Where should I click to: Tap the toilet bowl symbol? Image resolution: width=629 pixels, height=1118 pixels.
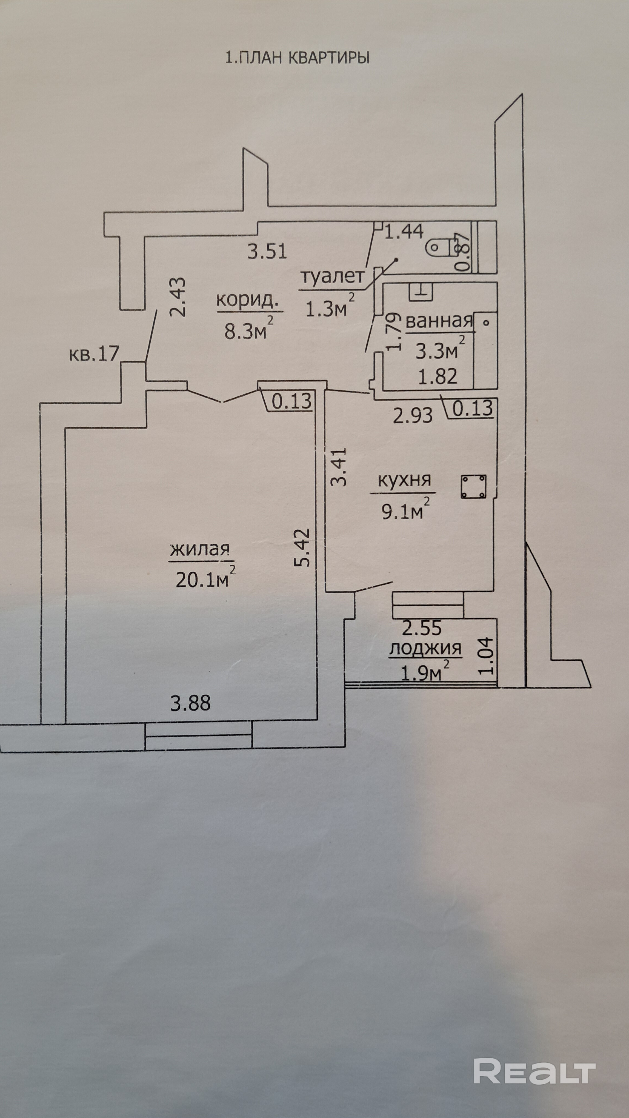(x=438, y=249)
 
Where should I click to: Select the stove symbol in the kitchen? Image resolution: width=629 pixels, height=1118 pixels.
(x=474, y=486)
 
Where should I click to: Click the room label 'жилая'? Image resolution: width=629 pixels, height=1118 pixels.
(x=199, y=550)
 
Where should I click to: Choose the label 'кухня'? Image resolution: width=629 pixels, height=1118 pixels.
(x=404, y=480)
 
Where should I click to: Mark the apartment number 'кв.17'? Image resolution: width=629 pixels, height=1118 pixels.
(x=94, y=354)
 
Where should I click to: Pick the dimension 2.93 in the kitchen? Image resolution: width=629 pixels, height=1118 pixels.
(x=413, y=416)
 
